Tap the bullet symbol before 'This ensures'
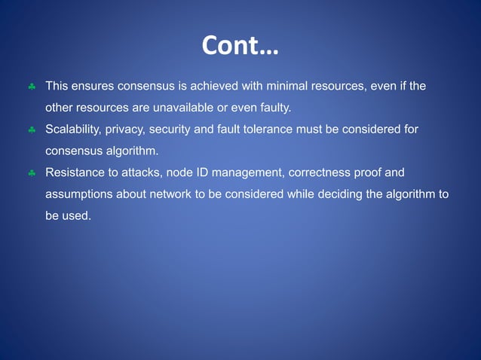tap(32, 87)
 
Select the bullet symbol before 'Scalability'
tap(32, 130)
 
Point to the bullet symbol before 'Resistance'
tap(32, 173)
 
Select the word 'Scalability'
tap(74, 130)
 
